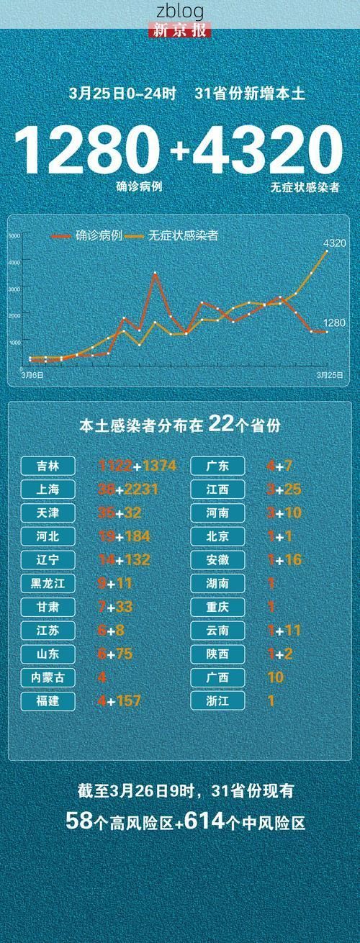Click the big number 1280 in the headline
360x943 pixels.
[86, 150]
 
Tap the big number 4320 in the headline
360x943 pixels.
[266, 150]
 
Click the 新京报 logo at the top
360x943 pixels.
[180, 30]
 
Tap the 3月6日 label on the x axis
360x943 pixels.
[32, 375]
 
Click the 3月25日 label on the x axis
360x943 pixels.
[329, 375]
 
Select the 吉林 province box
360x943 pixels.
[48, 466]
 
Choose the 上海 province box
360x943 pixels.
[48, 489]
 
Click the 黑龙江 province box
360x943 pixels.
[48, 583]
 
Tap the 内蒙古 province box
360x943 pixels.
[48, 677]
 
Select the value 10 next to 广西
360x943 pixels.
[275, 677]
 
